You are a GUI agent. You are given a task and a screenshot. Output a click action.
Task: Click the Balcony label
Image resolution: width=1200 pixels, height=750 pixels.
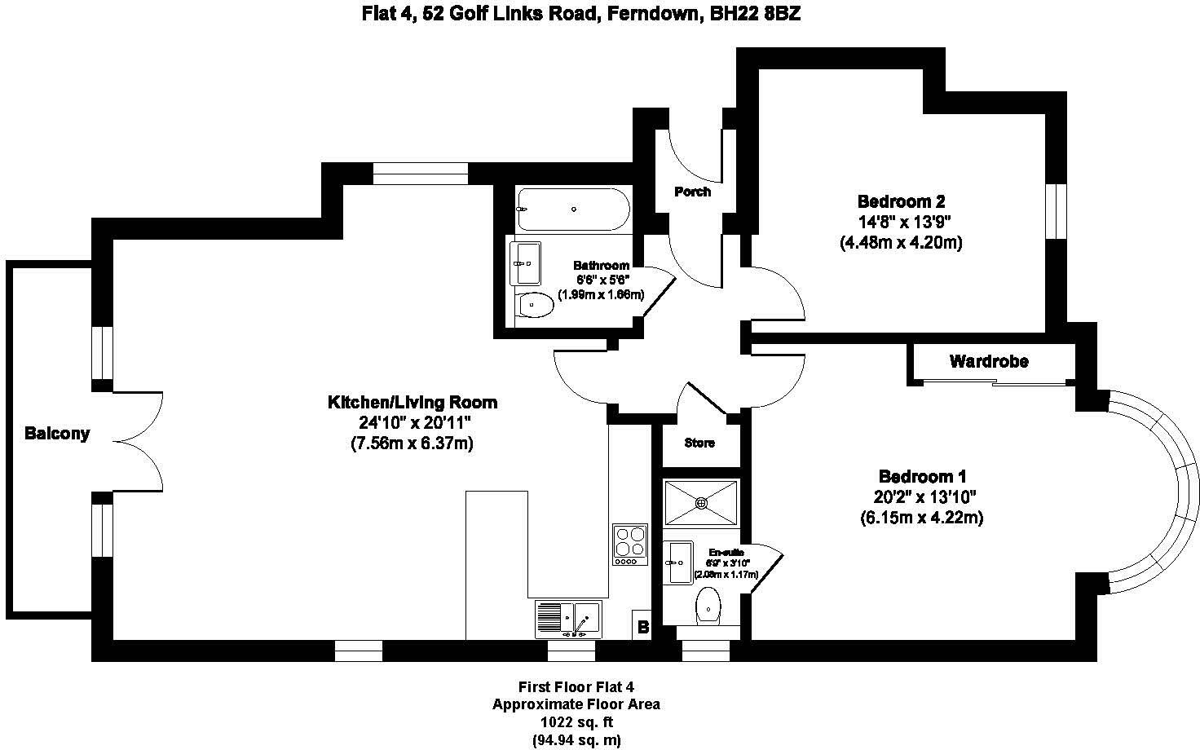pyautogui.click(x=56, y=434)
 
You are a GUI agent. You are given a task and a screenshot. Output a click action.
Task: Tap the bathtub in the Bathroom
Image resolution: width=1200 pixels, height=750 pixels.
pyautogui.click(x=573, y=210)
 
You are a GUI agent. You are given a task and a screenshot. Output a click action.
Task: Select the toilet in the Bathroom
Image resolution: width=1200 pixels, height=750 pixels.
pyautogui.click(x=534, y=305)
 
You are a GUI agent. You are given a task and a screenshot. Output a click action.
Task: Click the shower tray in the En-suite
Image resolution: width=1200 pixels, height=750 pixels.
pyautogui.click(x=701, y=503)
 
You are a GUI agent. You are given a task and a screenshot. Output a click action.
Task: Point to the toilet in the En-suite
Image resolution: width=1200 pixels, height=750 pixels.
pyautogui.click(x=708, y=607)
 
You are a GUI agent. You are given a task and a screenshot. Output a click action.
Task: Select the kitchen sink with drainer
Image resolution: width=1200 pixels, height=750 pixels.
pyautogui.click(x=568, y=620)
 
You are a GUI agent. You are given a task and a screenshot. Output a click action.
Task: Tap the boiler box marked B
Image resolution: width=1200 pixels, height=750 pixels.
pyautogui.click(x=642, y=627)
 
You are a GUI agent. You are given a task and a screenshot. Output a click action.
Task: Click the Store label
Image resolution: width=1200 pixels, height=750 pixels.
pyautogui.click(x=699, y=443)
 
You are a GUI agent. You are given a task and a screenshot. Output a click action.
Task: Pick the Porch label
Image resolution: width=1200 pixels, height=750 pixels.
pyautogui.click(x=692, y=192)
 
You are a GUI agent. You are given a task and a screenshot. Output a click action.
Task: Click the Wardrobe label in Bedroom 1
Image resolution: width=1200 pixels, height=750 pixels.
pyautogui.click(x=989, y=361)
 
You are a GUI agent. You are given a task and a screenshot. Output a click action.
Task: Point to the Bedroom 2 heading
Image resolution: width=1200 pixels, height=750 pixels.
pyautogui.click(x=901, y=201)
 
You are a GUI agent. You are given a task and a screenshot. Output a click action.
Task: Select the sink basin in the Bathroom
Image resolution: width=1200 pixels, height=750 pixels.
pyautogui.click(x=525, y=263)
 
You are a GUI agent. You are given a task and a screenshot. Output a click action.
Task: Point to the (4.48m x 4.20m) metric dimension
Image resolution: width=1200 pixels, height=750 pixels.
pyautogui.click(x=901, y=242)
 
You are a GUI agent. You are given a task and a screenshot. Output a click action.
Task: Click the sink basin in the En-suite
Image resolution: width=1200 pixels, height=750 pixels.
pyautogui.click(x=678, y=562)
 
